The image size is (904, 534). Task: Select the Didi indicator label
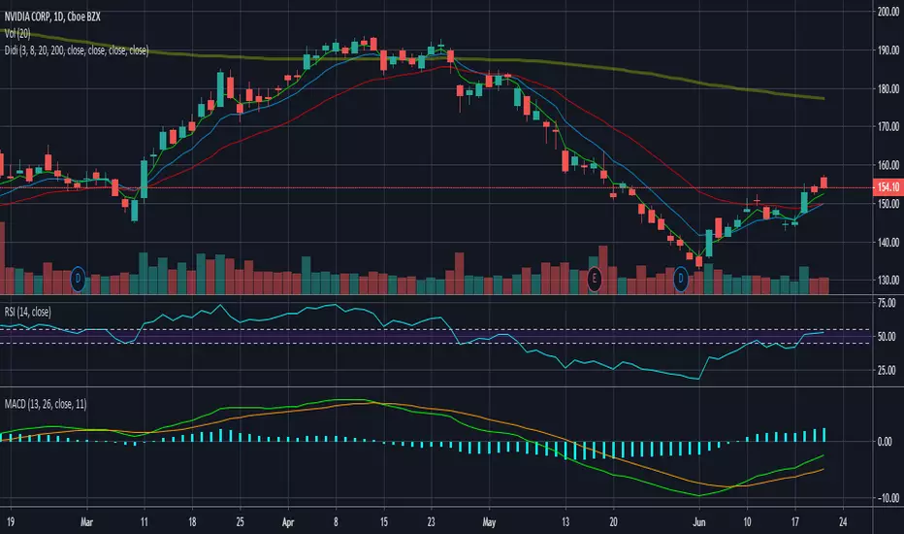[x=75, y=49]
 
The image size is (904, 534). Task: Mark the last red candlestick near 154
[x=824, y=183]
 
